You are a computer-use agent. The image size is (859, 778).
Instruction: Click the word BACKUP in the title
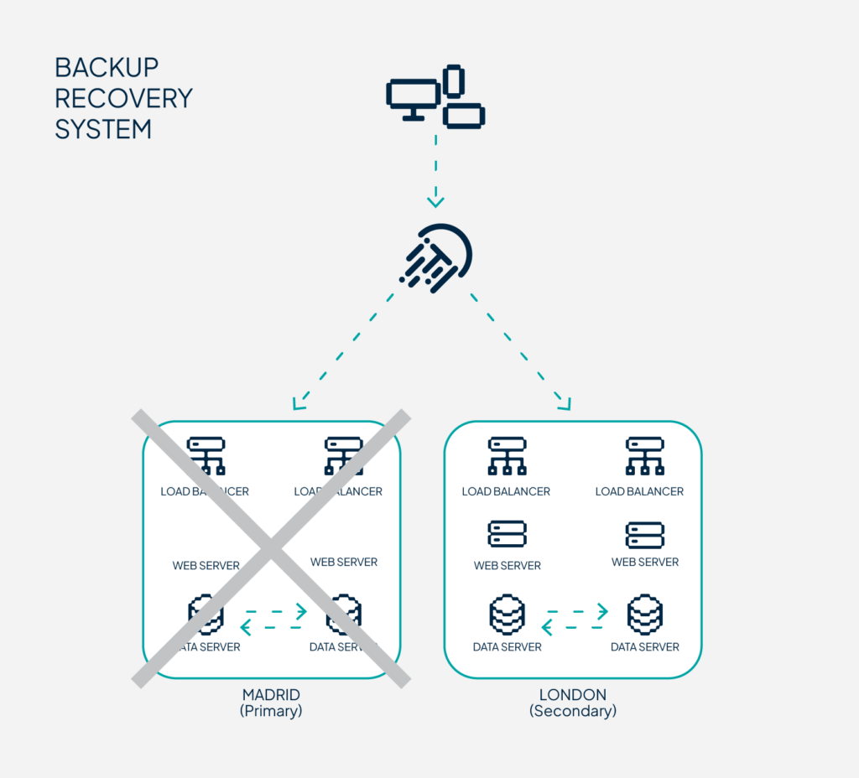[x=107, y=67]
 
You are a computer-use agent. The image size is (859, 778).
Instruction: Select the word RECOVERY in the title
[x=123, y=98]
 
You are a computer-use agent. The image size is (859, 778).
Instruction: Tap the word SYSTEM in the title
[x=103, y=129]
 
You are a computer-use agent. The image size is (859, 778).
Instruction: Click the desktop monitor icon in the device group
[x=413, y=97]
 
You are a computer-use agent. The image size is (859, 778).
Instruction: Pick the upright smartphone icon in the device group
[x=454, y=80]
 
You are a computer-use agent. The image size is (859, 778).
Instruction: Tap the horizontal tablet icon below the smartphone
[x=464, y=116]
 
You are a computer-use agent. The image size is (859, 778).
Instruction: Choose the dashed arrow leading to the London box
[x=521, y=349]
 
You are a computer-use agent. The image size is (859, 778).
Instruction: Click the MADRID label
[x=271, y=695]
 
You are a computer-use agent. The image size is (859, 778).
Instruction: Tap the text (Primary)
[x=271, y=711]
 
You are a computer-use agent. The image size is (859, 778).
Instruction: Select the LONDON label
[x=573, y=695]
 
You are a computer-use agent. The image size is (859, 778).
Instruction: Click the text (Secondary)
[x=573, y=711]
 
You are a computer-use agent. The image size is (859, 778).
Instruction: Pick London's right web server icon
[x=644, y=535]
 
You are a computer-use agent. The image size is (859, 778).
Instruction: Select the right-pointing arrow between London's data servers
[x=576, y=611]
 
